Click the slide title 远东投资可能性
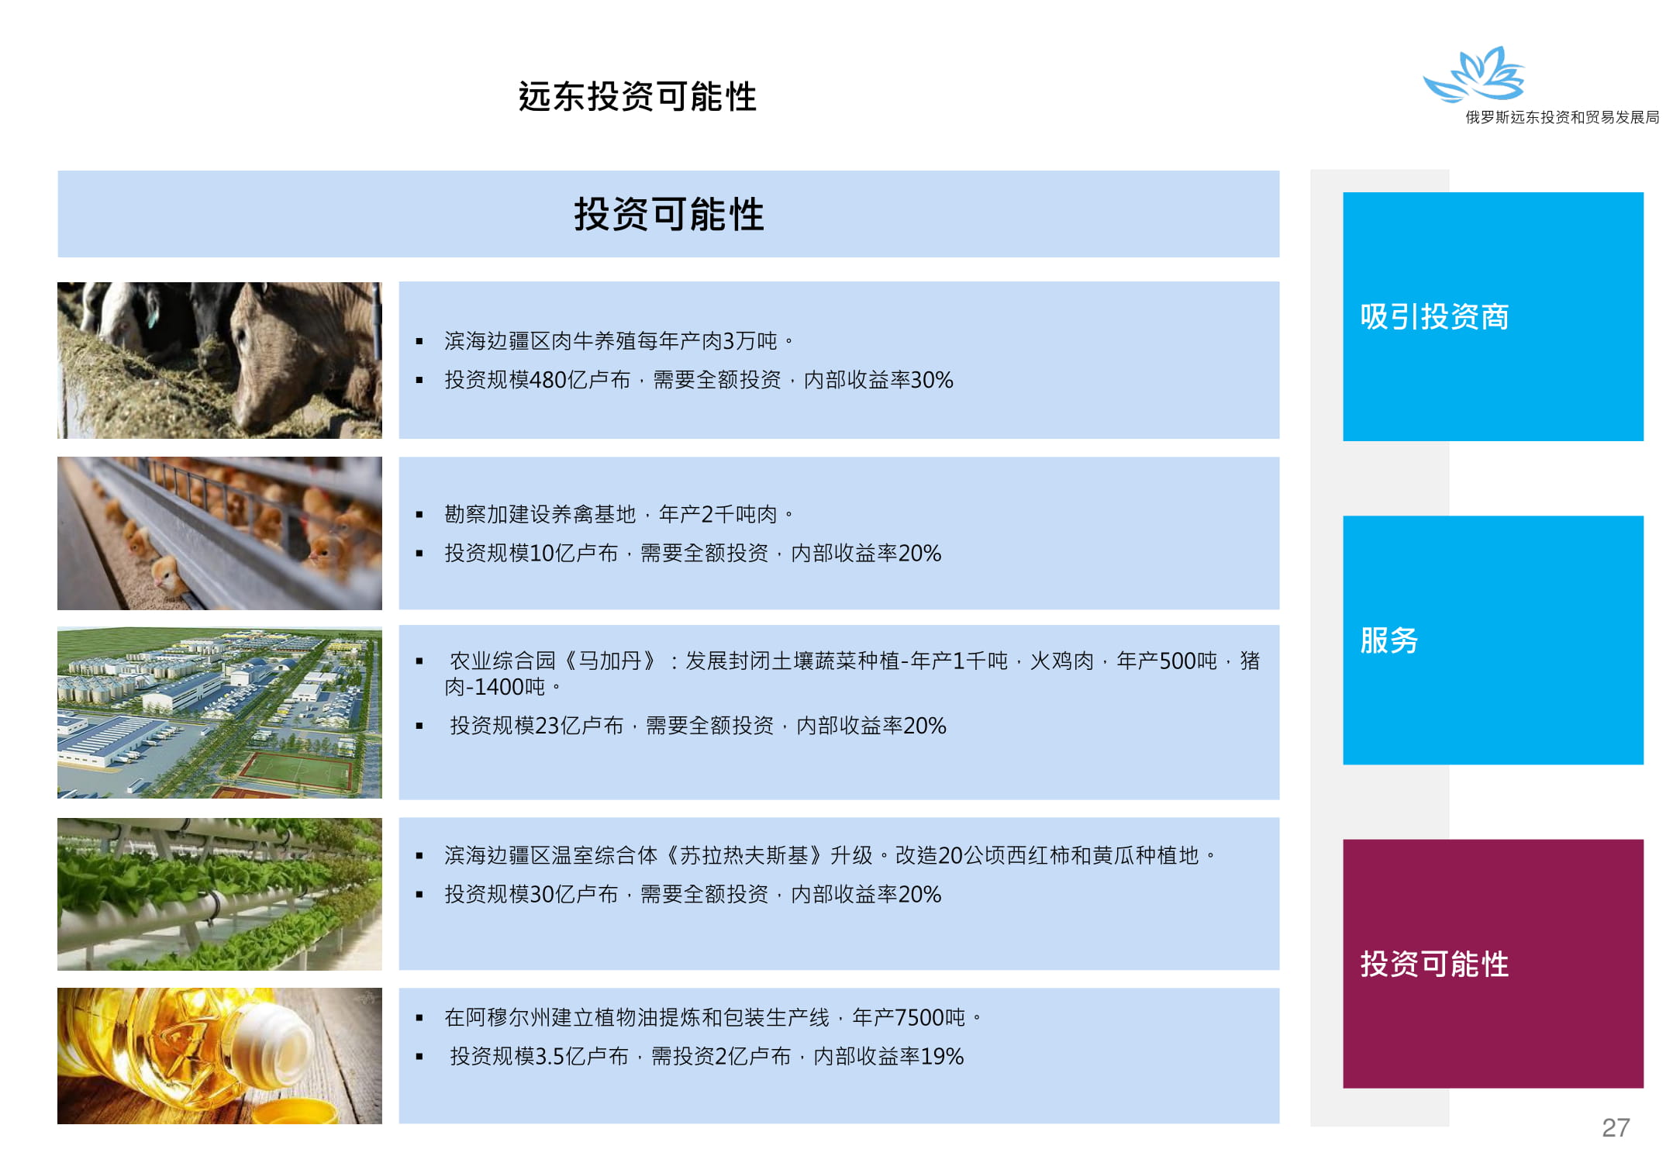(637, 97)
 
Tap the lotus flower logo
(1474, 74)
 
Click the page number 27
(1616, 1127)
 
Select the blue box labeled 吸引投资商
(1493, 316)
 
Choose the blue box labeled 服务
(1493, 640)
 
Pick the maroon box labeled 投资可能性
(1493, 964)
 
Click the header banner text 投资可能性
(669, 214)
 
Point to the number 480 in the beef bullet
(548, 380)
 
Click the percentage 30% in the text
(932, 380)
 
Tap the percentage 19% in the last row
(942, 1056)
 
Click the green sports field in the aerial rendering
(296, 771)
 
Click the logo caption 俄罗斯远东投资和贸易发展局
(1562, 117)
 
